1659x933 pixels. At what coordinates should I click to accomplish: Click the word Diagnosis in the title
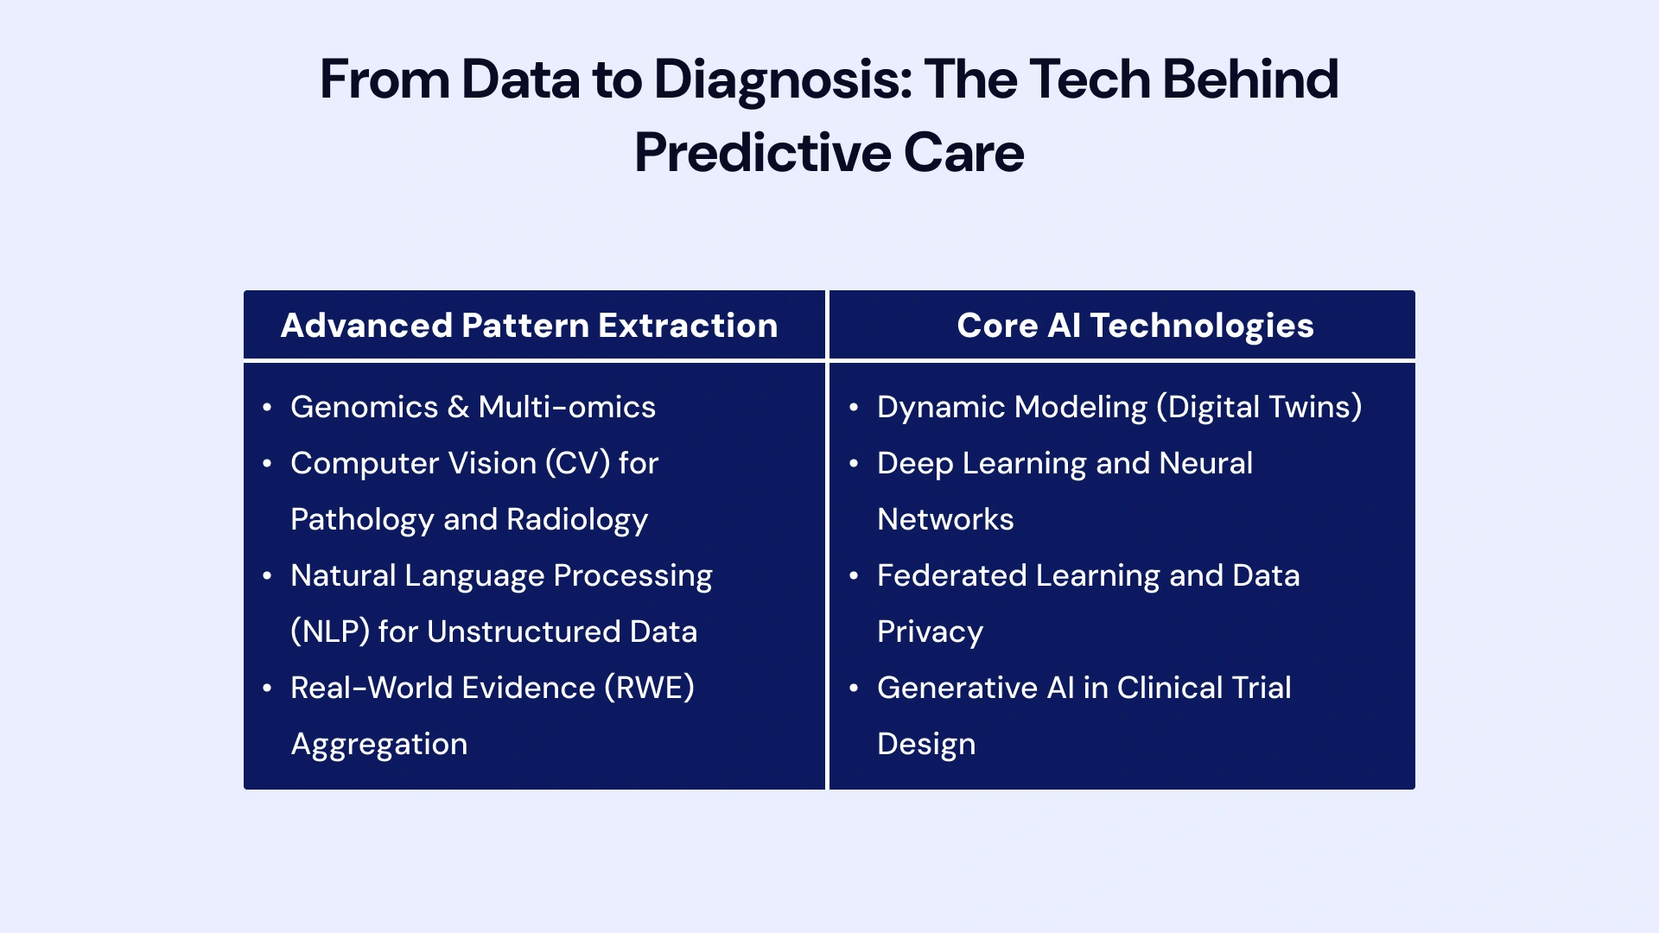click(782, 79)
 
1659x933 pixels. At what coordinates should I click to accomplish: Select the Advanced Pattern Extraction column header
click(529, 326)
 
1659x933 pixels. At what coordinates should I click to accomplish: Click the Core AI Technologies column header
click(1135, 326)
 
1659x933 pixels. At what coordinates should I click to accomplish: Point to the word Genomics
click(364, 407)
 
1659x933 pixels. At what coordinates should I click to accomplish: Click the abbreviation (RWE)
click(649, 689)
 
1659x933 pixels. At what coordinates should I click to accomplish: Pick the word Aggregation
click(378, 745)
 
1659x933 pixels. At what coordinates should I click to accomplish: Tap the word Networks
click(945, 520)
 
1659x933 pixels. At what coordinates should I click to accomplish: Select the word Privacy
click(930, 632)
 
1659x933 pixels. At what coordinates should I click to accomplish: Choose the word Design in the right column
click(925, 745)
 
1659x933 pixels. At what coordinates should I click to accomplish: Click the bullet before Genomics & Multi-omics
click(267, 408)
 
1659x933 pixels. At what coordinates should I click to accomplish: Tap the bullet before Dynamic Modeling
click(854, 408)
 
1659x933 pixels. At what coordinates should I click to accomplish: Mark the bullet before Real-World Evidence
click(267, 689)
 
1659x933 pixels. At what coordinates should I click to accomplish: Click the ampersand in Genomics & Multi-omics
click(458, 407)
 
